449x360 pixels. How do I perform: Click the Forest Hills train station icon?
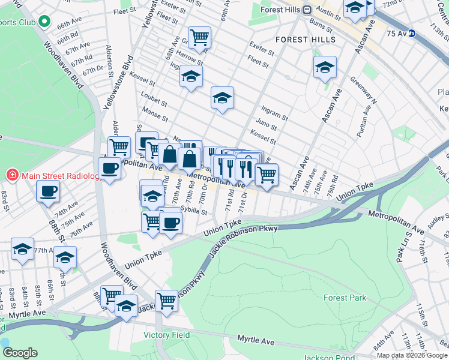(x=306, y=10)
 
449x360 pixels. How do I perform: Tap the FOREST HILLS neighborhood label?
(x=301, y=40)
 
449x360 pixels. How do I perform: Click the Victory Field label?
(x=166, y=335)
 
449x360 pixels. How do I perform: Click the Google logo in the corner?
(x=20, y=353)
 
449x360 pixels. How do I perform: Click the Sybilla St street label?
(x=193, y=211)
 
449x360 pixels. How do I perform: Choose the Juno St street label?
(x=265, y=127)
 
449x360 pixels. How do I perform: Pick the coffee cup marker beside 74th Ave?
(x=48, y=192)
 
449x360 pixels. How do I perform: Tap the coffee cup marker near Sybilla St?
(x=171, y=223)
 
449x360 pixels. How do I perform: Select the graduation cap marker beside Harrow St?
(x=191, y=76)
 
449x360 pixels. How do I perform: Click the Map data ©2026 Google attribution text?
(x=412, y=355)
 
